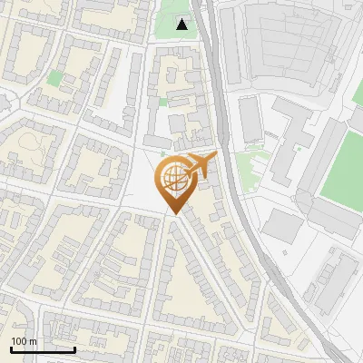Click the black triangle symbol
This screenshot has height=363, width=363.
pos(183,25)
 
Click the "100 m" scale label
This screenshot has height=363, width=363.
pos(24,340)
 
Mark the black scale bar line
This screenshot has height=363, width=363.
pos(43,349)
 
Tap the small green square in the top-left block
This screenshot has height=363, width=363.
pos(54,78)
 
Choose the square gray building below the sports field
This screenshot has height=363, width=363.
pos(284,226)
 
